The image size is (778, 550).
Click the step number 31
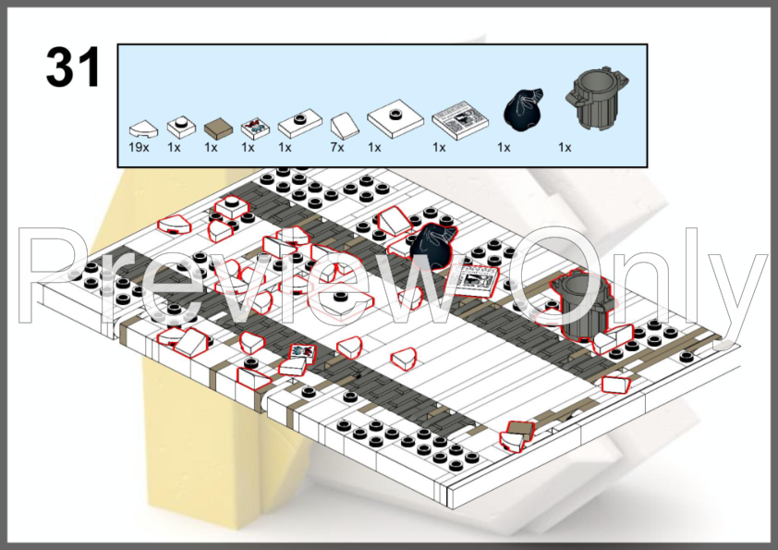pyautogui.click(x=73, y=67)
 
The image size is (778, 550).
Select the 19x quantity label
pyautogui.click(x=139, y=147)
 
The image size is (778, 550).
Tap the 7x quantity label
pyautogui.click(x=337, y=147)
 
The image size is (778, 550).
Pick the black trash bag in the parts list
pyautogui.click(x=523, y=110)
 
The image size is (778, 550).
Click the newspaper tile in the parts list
pyautogui.click(x=460, y=120)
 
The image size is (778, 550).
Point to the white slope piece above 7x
pyautogui.click(x=345, y=126)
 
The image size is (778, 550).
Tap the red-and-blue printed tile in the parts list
pyautogui.click(x=255, y=128)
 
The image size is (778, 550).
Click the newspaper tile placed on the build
pyautogui.click(x=473, y=280)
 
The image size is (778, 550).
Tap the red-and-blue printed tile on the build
pyautogui.click(x=303, y=352)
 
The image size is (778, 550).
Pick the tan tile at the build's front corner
pyautogui.click(x=520, y=429)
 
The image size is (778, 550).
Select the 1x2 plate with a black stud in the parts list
pyautogui.click(x=299, y=123)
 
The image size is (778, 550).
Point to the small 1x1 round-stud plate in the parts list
pyautogui.click(x=181, y=127)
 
